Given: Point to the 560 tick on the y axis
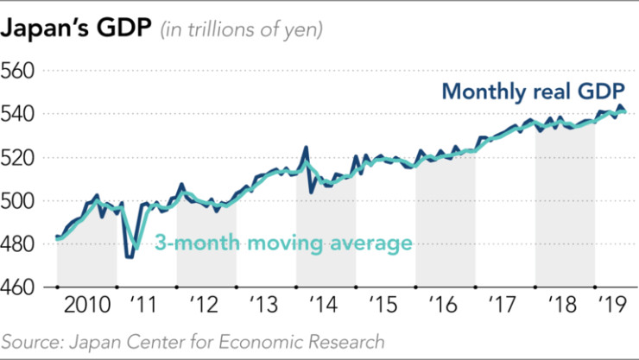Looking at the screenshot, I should [x=19, y=70].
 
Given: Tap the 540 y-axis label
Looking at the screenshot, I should [x=19, y=114].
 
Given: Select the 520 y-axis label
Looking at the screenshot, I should [x=19, y=158].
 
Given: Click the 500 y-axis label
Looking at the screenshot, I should [x=19, y=201].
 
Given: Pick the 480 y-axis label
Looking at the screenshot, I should [x=19, y=245].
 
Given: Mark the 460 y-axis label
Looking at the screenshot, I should [x=19, y=288].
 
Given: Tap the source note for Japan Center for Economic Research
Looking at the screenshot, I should [x=193, y=342].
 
